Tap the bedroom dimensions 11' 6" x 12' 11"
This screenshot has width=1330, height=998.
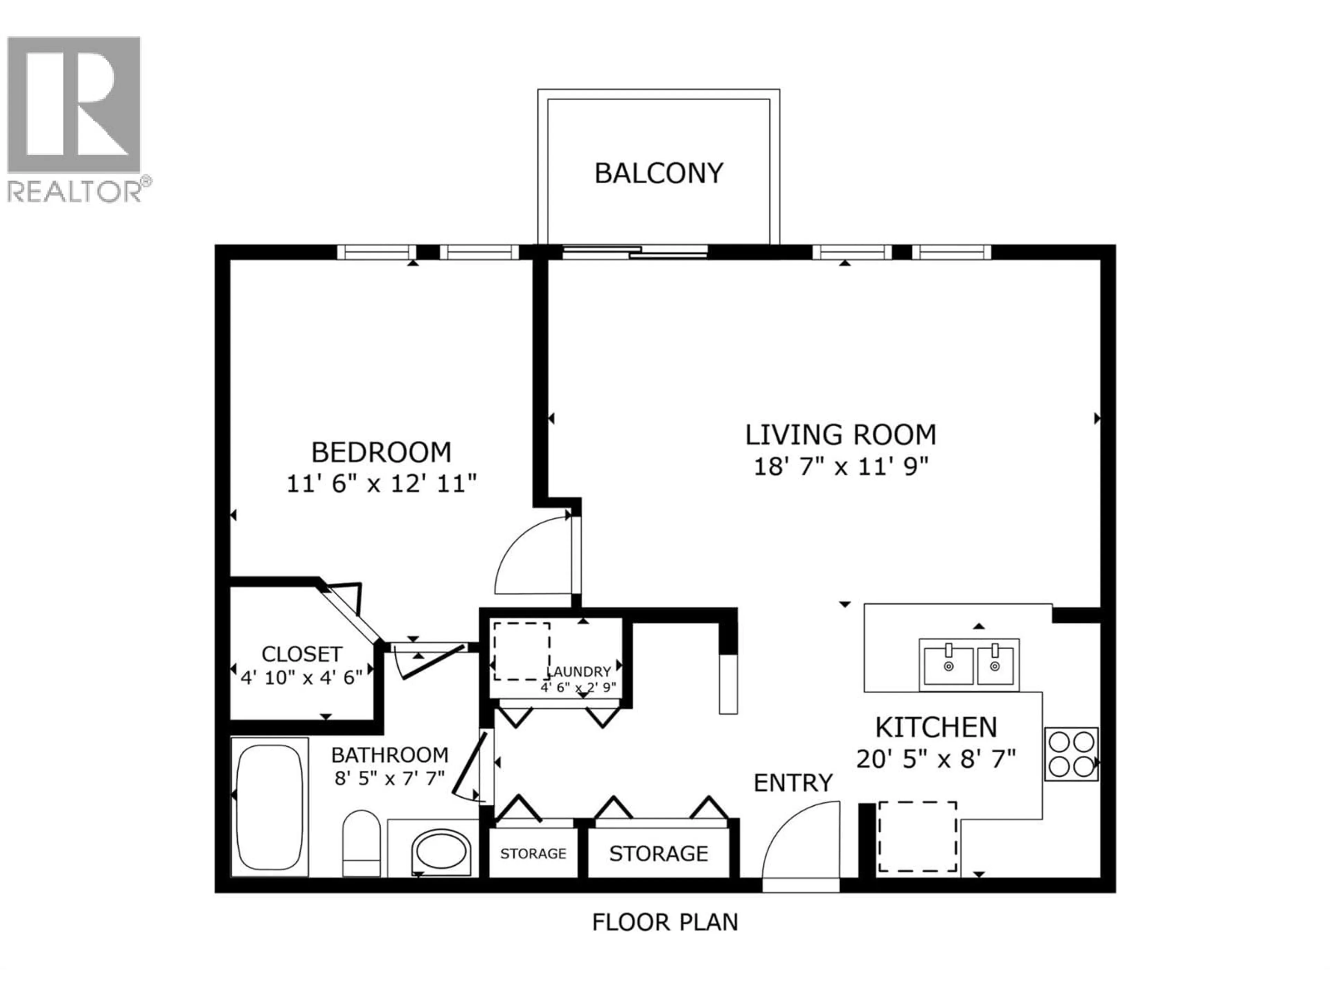point(381,484)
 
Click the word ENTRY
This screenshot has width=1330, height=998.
point(793,783)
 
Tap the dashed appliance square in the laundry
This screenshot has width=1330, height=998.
point(521,651)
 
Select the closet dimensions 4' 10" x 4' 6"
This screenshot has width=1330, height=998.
point(301,678)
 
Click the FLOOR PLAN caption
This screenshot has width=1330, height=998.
point(665,922)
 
